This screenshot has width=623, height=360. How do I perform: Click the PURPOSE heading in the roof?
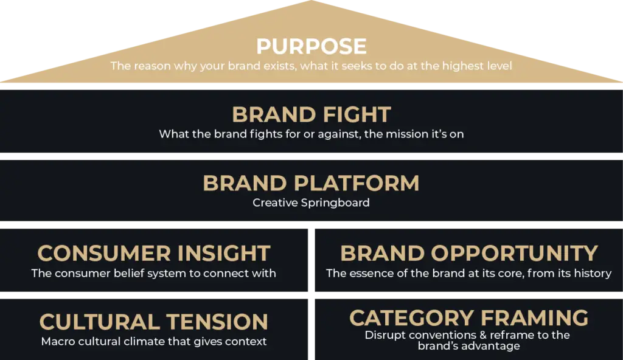coord(311,46)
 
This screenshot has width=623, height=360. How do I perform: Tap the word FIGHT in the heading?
coord(357,115)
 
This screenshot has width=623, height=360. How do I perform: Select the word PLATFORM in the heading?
coord(357,183)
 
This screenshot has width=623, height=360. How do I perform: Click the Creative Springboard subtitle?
coord(311,203)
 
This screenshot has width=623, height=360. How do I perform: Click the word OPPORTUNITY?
coord(515,253)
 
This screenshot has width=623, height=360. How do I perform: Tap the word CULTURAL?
coord(99,322)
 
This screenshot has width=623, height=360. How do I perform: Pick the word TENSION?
coord(217,322)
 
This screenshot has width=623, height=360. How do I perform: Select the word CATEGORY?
coord(411,318)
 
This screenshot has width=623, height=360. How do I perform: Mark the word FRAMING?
coord(534,318)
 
